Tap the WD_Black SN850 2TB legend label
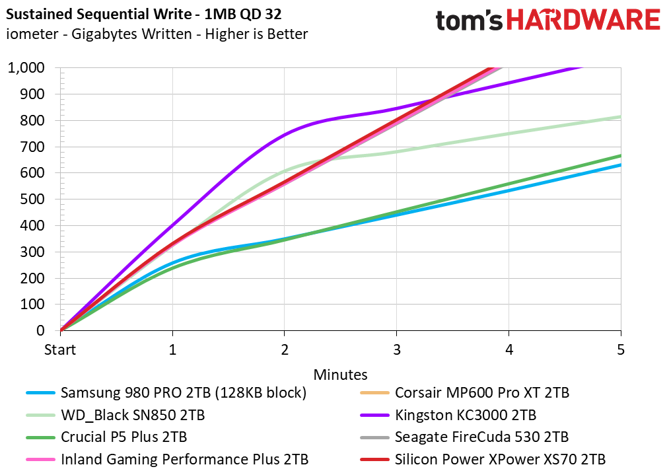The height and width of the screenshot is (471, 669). pos(133,415)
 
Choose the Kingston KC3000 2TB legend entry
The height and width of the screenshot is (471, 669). pos(466,415)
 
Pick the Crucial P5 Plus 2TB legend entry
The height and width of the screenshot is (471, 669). pos(123,437)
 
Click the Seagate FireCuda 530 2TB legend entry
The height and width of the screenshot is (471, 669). pos(481,437)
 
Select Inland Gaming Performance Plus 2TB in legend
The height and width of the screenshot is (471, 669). pos(184,459)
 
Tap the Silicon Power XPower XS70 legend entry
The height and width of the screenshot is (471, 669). pos(500,459)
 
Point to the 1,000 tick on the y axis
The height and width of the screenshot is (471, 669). pos(26,68)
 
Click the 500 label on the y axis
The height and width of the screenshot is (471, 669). pos(32,199)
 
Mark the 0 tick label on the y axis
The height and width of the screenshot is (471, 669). pos(40,331)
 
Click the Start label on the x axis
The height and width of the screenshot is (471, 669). pos(60,350)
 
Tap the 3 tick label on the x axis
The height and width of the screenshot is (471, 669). pos(397,350)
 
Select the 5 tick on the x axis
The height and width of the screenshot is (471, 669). pos(621,350)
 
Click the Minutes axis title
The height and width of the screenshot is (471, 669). pos(341,375)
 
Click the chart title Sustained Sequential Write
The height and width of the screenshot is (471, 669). pos(99,15)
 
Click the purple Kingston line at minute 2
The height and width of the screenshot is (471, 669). pos(285,134)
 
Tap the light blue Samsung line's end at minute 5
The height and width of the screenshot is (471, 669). pos(620,164)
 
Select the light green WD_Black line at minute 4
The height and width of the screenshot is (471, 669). pos(509,134)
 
